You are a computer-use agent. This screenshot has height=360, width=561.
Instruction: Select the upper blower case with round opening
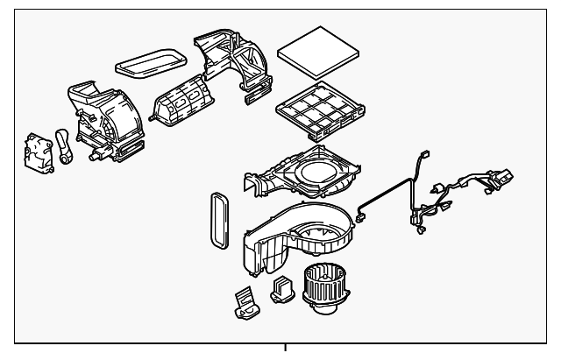[307, 171]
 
